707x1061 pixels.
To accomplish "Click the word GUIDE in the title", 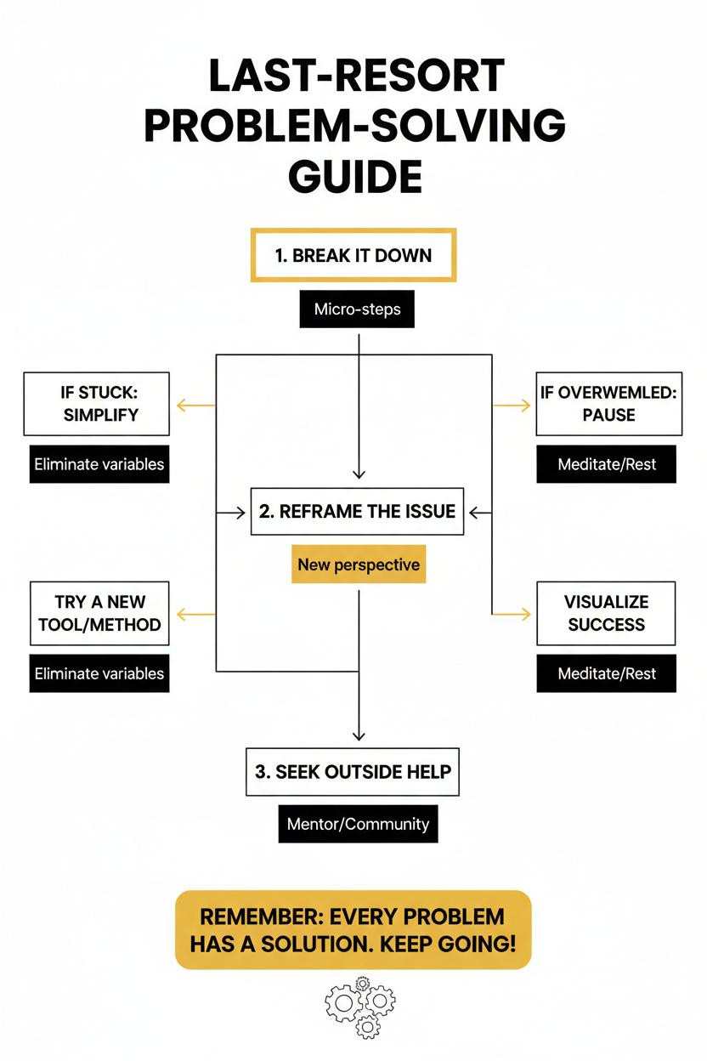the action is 355,176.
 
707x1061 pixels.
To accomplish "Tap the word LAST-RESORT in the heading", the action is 357,75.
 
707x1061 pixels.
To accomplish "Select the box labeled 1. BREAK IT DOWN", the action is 353,255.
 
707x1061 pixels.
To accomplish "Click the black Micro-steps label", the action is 357,309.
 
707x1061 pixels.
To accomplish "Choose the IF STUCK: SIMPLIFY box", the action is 97,404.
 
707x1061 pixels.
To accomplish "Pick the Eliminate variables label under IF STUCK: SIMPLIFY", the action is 99,464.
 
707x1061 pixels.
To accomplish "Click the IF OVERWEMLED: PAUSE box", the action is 609,404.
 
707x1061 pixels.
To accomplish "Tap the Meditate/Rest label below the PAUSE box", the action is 607,464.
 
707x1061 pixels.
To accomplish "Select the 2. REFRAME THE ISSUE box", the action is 357,512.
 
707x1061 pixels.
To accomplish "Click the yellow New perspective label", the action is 359,565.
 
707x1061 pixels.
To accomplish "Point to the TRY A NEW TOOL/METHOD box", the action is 99,614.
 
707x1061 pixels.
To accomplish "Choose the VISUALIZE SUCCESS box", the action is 606,614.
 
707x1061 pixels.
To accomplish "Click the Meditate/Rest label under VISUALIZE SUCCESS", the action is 607,673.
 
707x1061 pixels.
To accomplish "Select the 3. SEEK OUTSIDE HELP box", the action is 353,772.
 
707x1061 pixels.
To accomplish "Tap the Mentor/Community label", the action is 358,824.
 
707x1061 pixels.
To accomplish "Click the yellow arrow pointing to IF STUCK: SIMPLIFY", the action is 196,406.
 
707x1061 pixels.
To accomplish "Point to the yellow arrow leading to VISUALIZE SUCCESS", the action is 512,615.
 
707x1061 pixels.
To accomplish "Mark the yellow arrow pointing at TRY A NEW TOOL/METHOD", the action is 196,615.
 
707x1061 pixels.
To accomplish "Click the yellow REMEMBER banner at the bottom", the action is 353,930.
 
